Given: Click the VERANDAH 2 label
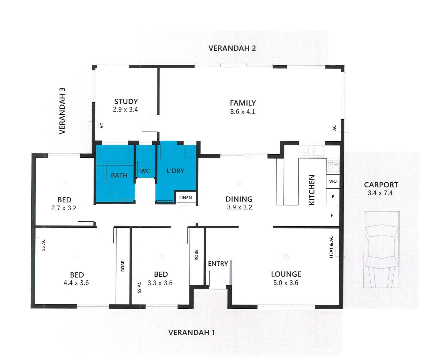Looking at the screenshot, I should coord(232,48).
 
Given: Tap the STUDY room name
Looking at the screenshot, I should coord(126,101).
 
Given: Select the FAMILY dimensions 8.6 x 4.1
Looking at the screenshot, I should coord(242,112).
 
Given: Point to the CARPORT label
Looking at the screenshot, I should coord(381,185).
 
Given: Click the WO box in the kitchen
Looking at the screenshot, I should coord(333,181).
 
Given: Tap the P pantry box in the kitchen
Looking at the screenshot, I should coord(333,197).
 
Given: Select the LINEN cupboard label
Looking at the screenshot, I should coord(186,198).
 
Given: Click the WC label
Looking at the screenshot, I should coord(145,171).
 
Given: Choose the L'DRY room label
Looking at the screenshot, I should coord(176,171).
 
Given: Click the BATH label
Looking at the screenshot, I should coord(119,175).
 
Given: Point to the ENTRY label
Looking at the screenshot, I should coord(218,264).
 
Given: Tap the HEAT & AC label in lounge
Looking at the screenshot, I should coord(331,247).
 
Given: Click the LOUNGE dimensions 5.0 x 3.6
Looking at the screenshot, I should coord(286,283).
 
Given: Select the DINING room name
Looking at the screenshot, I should coord(239,199).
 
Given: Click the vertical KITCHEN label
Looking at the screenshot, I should coord(312,190).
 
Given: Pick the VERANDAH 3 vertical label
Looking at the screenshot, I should coord(62,111).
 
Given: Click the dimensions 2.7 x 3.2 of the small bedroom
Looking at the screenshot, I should coord(64,208).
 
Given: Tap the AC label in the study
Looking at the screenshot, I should coord(102,126).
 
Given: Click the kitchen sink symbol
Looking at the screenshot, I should coord(313,152).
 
